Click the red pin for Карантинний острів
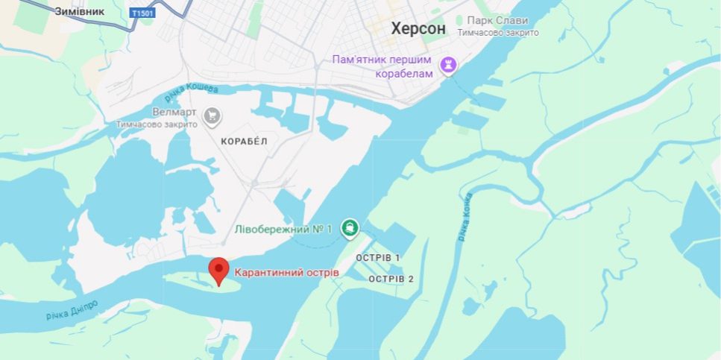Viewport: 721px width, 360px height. (218, 271)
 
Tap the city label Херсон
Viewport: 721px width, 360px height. (418, 28)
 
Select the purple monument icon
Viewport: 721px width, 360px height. (447, 66)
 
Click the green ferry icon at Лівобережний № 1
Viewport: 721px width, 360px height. (349, 228)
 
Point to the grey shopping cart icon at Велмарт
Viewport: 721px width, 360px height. (212, 115)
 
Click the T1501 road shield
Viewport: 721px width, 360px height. (142, 13)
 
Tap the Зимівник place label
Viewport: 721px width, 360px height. (79, 11)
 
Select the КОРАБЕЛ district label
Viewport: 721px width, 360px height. (244, 140)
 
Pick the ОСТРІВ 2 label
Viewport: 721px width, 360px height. (391, 279)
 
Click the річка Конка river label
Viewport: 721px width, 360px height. (465, 217)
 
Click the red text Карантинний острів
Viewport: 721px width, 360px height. (286, 273)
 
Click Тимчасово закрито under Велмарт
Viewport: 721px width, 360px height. (157, 124)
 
